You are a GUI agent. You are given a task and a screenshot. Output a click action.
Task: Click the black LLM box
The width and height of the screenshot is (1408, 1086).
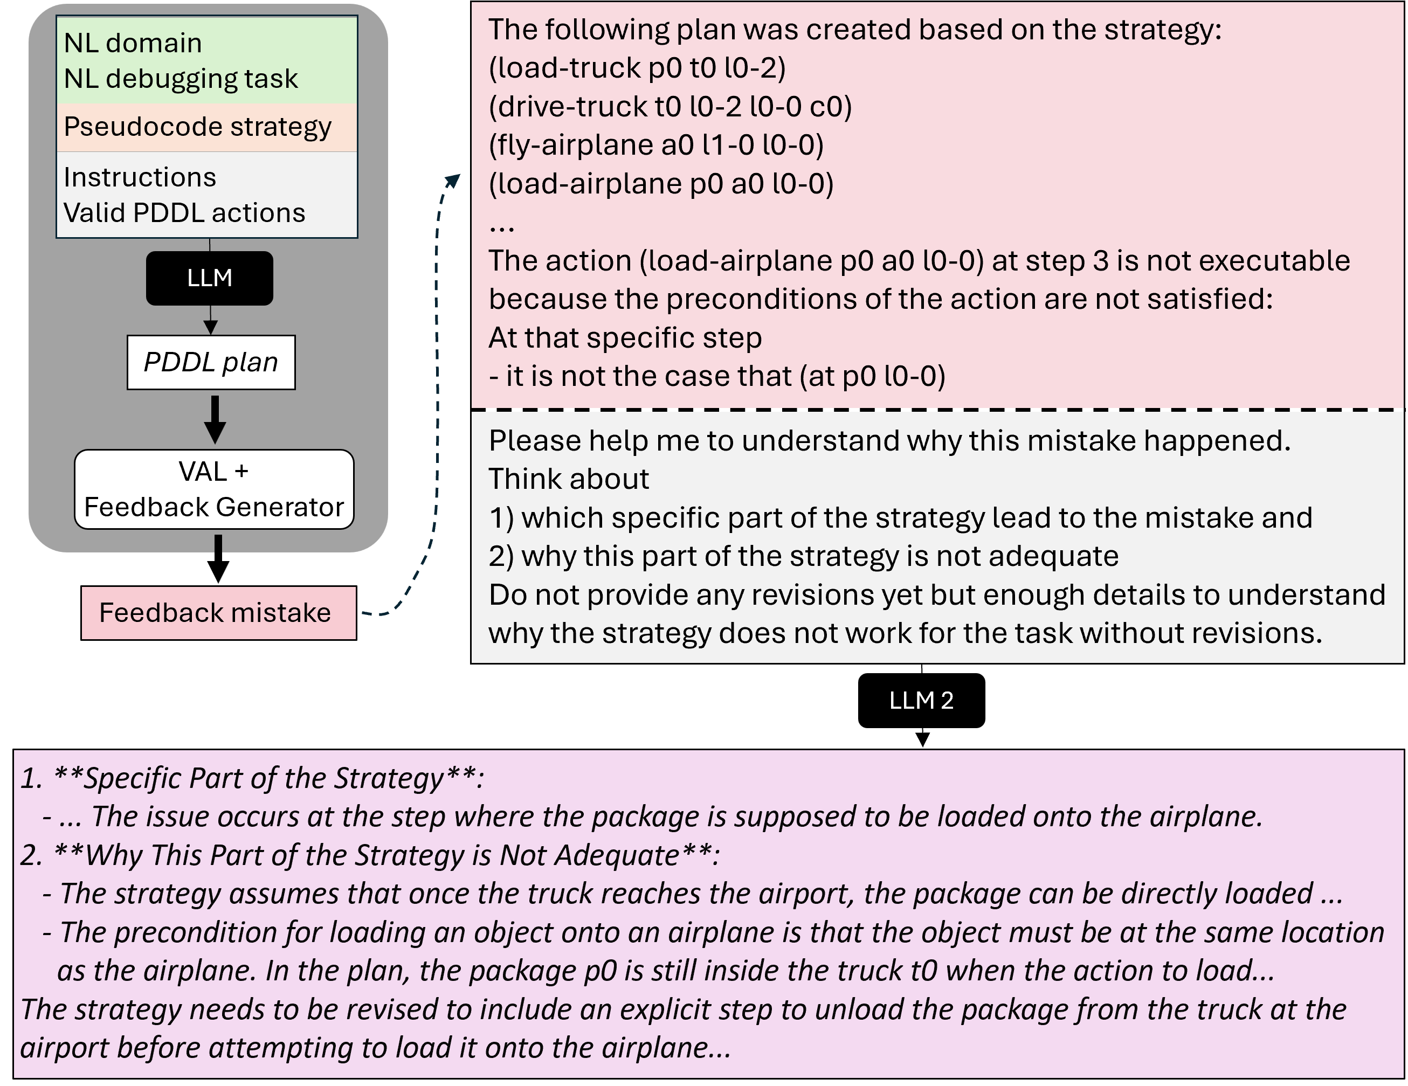[210, 278]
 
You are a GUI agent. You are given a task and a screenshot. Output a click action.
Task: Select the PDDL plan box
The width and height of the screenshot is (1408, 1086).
[211, 362]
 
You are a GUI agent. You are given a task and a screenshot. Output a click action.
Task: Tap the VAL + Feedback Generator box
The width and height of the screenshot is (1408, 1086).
[214, 489]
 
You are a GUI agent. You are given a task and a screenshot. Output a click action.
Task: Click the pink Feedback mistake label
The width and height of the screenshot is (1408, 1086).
[218, 612]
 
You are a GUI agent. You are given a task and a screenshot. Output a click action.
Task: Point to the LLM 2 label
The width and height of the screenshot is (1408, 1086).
[921, 701]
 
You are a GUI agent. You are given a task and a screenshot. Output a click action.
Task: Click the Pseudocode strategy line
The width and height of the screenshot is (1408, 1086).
[197, 127]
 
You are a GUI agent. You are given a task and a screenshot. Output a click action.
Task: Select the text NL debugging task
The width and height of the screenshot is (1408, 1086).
[181, 79]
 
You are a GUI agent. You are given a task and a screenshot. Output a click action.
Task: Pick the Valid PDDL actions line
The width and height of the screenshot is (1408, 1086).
[184, 213]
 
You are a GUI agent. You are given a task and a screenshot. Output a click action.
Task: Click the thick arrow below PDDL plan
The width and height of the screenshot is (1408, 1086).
[215, 418]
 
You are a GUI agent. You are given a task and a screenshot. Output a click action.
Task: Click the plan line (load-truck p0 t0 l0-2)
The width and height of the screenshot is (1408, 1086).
[637, 68]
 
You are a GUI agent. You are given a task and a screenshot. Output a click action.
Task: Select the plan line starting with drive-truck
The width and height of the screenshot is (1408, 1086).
[670, 106]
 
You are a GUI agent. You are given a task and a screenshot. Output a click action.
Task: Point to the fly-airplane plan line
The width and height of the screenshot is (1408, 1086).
[655, 145]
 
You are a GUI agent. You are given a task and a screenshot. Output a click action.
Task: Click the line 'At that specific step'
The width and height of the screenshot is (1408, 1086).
[625, 338]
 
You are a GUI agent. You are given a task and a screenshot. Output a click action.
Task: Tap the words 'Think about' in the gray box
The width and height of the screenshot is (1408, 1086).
[569, 479]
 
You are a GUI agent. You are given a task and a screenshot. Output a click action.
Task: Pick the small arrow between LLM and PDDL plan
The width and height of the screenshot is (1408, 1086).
[210, 321]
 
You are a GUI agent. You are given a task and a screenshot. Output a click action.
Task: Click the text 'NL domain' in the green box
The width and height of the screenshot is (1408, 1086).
[133, 43]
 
